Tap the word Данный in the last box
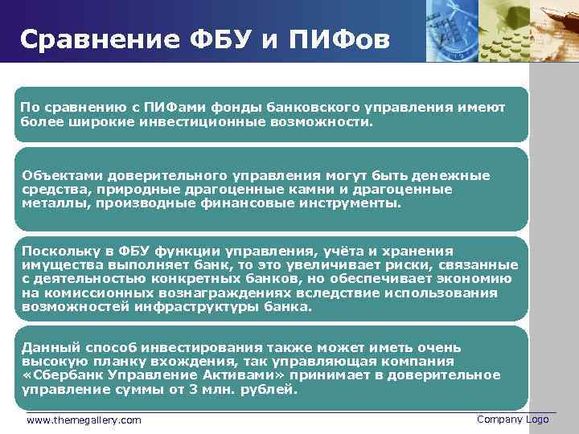point(47,347)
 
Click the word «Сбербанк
point(58,375)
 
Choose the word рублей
point(269,390)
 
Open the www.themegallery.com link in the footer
point(84,420)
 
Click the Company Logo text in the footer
point(512,419)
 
